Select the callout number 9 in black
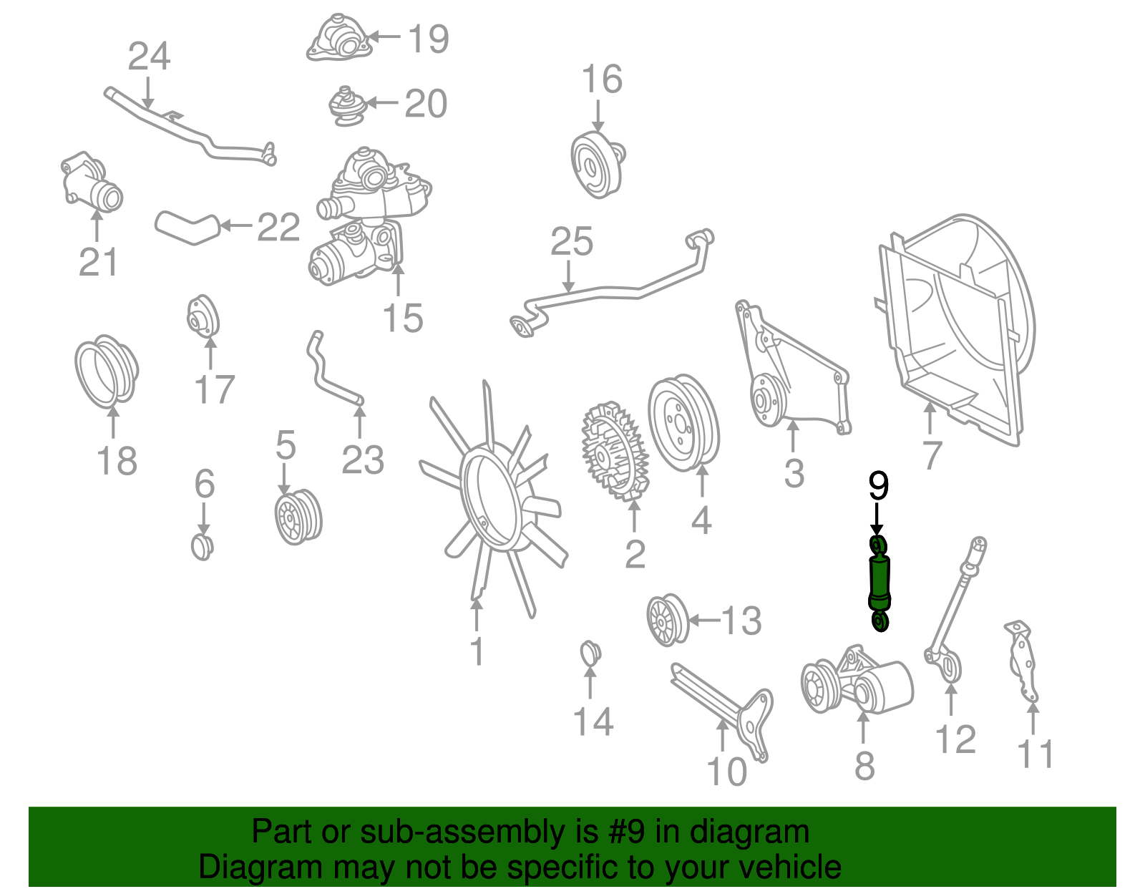pos(878,486)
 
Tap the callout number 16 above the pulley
pos(601,79)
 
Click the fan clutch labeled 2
pos(614,451)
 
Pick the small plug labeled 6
pos(203,546)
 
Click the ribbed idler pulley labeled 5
pos(298,517)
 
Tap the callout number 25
pos(571,242)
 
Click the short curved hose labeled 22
pos(186,226)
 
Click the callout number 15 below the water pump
pos(402,318)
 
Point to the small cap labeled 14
pos(590,652)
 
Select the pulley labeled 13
pos(667,620)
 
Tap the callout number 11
pos(1035,754)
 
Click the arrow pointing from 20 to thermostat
pos(382,103)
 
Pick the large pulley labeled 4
pos(683,423)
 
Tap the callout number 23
pos(362,460)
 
